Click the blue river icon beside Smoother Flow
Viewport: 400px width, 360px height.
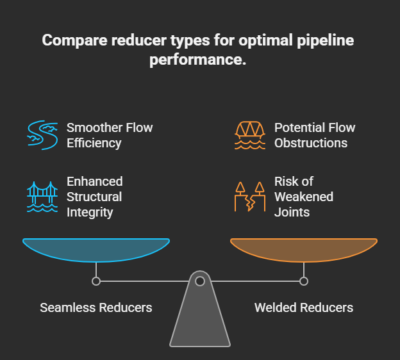[42, 135]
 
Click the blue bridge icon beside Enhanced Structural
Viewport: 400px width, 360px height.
[42, 196]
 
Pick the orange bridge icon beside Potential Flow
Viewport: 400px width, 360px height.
[250, 135]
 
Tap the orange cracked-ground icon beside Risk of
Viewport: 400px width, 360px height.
[250, 196]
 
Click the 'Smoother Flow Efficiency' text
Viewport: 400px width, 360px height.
[110, 135]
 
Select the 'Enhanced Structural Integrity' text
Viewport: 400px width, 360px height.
[94, 196]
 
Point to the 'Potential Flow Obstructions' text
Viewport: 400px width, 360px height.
[314, 135]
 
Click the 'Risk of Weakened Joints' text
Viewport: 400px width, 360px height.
[303, 196]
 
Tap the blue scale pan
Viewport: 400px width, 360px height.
[96, 249]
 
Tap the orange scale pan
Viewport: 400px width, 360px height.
[304, 249]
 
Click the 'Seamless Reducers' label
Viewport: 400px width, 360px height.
[96, 307]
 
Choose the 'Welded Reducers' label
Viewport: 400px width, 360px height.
[304, 307]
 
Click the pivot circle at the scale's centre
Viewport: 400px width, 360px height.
[200, 281]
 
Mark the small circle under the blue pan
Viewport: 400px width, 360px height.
[96, 281]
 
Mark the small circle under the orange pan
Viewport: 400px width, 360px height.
[304, 281]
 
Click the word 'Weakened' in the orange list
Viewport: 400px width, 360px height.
[303, 196]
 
